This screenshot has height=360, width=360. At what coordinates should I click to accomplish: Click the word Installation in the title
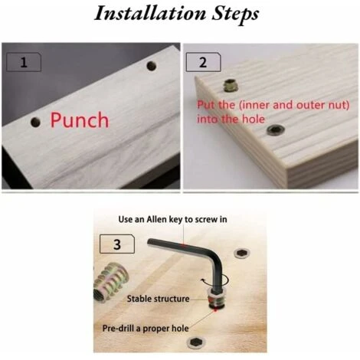pyautogui.click(x=150, y=13)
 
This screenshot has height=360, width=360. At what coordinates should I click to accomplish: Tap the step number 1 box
pyautogui.click(x=24, y=62)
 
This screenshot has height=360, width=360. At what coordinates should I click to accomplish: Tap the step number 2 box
pyautogui.click(x=203, y=62)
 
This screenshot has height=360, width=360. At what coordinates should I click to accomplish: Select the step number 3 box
pyautogui.click(x=117, y=244)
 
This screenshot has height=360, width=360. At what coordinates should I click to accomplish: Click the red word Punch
pyautogui.click(x=80, y=120)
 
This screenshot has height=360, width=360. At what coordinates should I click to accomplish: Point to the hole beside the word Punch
pyautogui.click(x=35, y=122)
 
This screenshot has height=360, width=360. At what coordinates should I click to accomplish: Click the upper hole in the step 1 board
pyautogui.click(x=152, y=66)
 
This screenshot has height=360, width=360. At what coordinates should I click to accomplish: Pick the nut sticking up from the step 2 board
pyautogui.click(x=231, y=85)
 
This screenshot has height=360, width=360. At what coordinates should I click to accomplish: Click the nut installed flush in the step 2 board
pyautogui.click(x=276, y=129)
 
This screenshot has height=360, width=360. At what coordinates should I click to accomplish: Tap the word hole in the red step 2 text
pyautogui.click(x=254, y=119)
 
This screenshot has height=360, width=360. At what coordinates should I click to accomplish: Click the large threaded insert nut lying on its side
pyautogui.click(x=110, y=283)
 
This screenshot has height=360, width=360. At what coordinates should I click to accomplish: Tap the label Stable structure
pyautogui.click(x=158, y=299)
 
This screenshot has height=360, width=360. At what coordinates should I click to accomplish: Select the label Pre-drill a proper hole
pyautogui.click(x=146, y=329)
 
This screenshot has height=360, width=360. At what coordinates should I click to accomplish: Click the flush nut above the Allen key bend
pyautogui.click(x=241, y=253)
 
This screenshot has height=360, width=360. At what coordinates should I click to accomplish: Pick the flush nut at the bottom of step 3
pyautogui.click(x=196, y=342)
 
